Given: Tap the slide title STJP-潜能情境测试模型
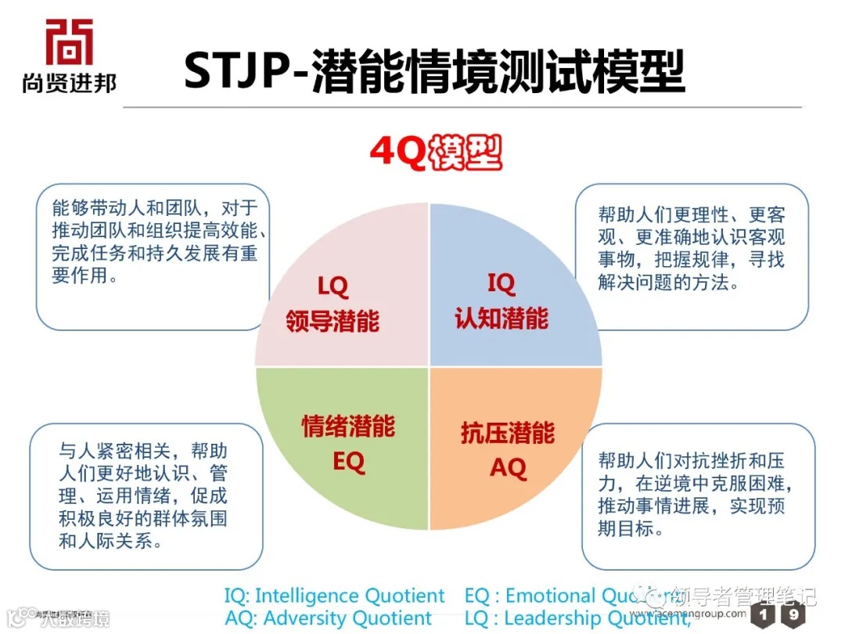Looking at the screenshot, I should pyautogui.click(x=434, y=71).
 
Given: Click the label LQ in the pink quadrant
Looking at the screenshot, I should pyautogui.click(x=333, y=286).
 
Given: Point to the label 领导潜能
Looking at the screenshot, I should pyautogui.click(x=333, y=320).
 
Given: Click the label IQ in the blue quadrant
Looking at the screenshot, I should pyautogui.click(x=502, y=283).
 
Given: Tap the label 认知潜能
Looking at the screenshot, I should pyautogui.click(x=502, y=318).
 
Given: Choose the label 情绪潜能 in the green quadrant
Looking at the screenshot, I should pyautogui.click(x=349, y=427).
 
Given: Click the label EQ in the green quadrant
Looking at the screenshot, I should pyautogui.click(x=349, y=462).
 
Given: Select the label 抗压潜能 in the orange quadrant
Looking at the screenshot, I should pyautogui.click(x=508, y=433).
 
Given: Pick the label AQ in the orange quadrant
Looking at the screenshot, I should pyautogui.click(x=508, y=468).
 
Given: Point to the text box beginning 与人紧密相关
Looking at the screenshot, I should pyautogui.click(x=146, y=496).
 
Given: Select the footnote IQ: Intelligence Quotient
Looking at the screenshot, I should pyautogui.click(x=334, y=596).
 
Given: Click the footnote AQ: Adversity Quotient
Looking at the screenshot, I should pyautogui.click(x=328, y=618).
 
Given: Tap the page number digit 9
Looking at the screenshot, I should pyautogui.click(x=794, y=614).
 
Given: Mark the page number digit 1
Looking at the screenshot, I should pyautogui.click(x=764, y=614).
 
